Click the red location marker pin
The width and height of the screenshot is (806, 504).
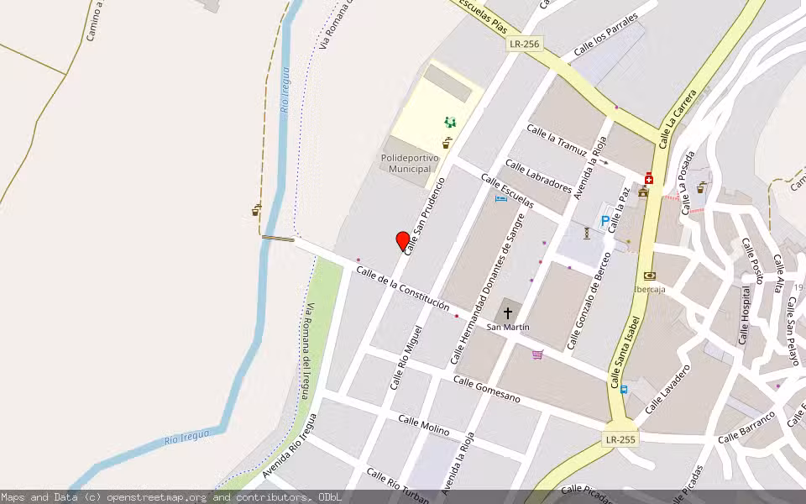(403, 241)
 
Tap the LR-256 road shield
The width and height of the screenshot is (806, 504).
(525, 44)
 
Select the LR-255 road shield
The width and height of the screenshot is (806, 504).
(620, 439)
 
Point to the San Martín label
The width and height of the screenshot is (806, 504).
(507, 327)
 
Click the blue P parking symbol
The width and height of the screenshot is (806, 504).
(604, 222)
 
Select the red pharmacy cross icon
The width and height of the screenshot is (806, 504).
(649, 179)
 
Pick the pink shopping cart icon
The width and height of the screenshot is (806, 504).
(537, 354)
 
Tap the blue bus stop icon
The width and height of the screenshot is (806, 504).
(624, 389)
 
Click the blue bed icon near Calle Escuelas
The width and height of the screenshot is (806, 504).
(501, 198)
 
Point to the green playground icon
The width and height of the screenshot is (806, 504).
(450, 123)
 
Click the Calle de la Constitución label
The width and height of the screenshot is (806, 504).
(402, 288)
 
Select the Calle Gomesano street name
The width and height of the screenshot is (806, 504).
(486, 389)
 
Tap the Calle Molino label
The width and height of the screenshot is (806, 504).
(424, 425)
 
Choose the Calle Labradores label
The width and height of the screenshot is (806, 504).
(538, 177)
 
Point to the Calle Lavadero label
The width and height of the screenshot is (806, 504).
(667, 389)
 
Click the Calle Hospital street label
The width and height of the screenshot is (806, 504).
(745, 315)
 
